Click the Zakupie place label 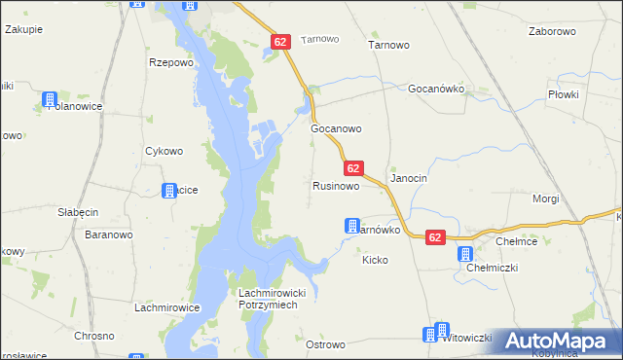click(x=23, y=30)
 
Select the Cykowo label click(x=164, y=151)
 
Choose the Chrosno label click(x=94, y=336)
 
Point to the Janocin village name click(x=409, y=179)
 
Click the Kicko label click(x=375, y=260)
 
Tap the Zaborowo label click(x=552, y=31)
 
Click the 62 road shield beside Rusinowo click(x=353, y=168)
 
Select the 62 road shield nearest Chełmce click(x=435, y=236)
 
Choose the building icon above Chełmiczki click(x=465, y=253)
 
